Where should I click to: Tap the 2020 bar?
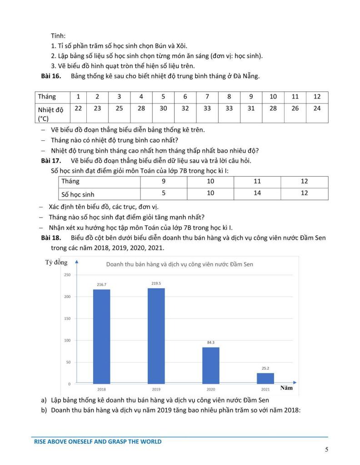pyautogui.click(x=210, y=365)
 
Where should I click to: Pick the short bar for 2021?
pyautogui.click(x=265, y=378)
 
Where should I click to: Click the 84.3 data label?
pyautogui.click(x=210, y=342)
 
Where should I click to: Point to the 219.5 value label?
pyautogui.click(x=156, y=283)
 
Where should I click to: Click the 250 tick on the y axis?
pyautogui.click(x=67, y=275)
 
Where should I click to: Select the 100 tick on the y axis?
pyautogui.click(x=67, y=340)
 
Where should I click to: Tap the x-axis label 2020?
pyautogui.click(x=210, y=389)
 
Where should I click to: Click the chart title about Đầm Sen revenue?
pyautogui.click(x=180, y=264)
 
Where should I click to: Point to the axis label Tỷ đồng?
pyautogui.click(x=56, y=262)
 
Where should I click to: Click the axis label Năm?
pyautogui.click(x=286, y=388)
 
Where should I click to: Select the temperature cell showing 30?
pyautogui.click(x=163, y=109)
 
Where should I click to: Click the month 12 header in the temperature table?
pyautogui.click(x=317, y=97)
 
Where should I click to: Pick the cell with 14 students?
pyautogui.click(x=257, y=193)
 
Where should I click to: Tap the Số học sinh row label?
pyautogui.click(x=78, y=194)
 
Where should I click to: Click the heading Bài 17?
pyautogui.click(x=51, y=160)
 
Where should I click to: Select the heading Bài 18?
pyautogui.click(x=51, y=238)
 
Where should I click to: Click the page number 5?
pyautogui.click(x=326, y=450)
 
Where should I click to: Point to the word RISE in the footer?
pyautogui.click(x=41, y=441)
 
